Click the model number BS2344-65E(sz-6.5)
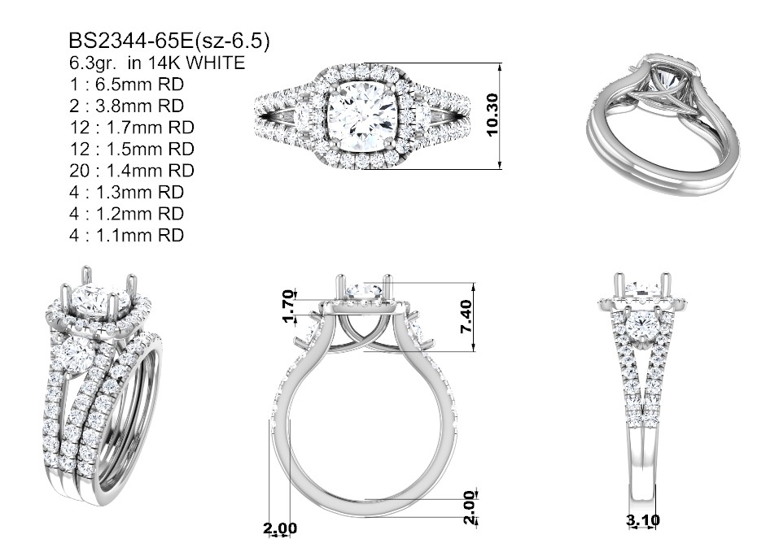point(169,41)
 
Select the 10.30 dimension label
point(492,115)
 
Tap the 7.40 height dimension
point(466,316)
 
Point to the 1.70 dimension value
point(289,306)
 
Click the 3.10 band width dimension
point(642,520)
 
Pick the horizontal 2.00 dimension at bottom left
point(280,528)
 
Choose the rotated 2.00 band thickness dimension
point(470,507)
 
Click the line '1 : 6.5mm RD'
point(126,85)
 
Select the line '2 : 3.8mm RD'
point(126,106)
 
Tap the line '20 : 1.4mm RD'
point(132,171)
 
